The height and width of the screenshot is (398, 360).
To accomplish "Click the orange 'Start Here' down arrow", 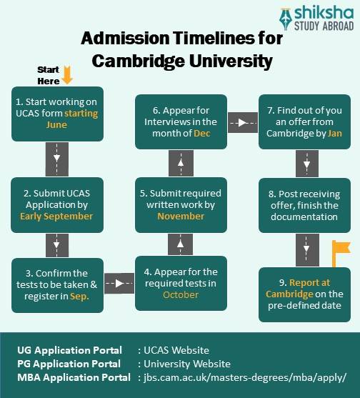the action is [67, 75].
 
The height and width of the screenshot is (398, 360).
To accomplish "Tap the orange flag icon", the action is [341, 253].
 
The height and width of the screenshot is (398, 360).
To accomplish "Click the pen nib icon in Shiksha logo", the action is [286, 19].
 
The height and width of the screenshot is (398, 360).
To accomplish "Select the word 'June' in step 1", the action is [56, 125].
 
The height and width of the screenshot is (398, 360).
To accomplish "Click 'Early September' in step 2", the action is [56, 217].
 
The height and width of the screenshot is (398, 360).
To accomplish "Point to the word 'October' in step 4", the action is [181, 294].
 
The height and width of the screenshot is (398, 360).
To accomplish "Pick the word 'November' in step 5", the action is [181, 217].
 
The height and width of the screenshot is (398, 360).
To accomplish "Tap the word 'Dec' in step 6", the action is [202, 133].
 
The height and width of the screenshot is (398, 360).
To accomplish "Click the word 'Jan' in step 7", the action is [335, 133].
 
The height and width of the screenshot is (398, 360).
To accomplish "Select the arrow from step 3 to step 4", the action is [119, 283].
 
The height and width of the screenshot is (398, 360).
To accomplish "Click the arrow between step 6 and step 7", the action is [243, 123].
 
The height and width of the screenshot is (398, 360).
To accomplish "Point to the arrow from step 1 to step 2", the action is [57, 159].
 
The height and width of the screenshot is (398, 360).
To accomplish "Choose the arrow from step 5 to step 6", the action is [181, 163].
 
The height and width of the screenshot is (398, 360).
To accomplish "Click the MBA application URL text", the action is [245, 378].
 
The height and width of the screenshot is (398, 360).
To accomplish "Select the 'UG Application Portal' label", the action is [70, 350].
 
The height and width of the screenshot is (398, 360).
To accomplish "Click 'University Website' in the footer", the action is [187, 364].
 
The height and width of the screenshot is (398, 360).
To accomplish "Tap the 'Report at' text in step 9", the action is [309, 282].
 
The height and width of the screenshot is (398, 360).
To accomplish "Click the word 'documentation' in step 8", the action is [304, 217].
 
